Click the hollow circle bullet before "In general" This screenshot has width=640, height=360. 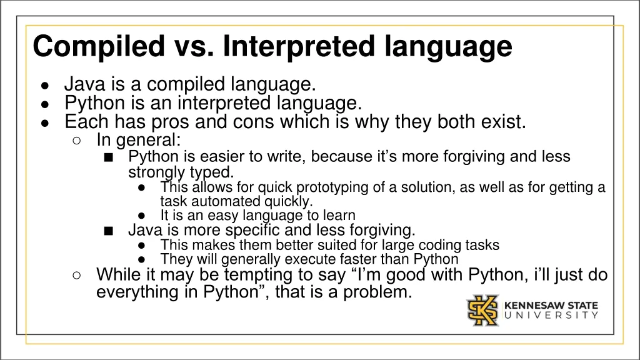click(76, 140)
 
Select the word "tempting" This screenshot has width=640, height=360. click(210, 274)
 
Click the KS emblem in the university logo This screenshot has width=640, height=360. click(483, 310)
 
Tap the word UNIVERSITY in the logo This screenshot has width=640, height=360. click(551, 316)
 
